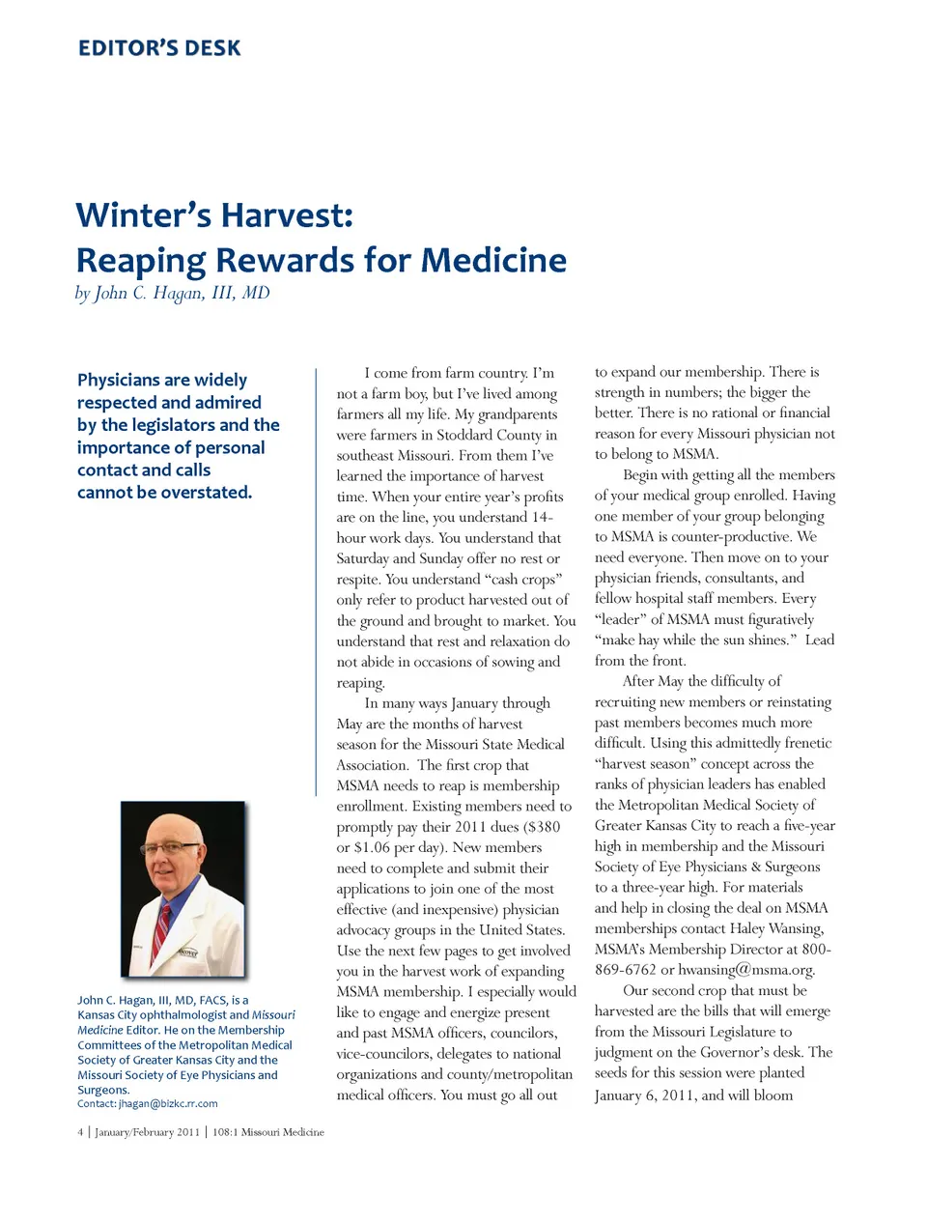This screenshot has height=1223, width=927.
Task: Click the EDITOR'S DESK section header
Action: pos(159,48)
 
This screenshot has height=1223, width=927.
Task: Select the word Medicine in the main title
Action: pos(493,260)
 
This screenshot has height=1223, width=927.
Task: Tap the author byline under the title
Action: pos(173,293)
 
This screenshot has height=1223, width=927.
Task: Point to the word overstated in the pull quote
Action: pos(204,492)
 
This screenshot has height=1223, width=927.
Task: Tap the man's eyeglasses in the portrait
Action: pos(171,848)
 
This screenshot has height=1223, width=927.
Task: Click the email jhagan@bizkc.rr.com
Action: pos(168,1103)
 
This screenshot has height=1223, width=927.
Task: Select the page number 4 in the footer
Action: pos(80,1132)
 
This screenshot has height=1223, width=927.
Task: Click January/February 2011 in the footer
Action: pos(147,1132)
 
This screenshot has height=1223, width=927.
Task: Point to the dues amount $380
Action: pos(542,827)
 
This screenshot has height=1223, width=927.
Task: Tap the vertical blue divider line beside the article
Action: pos(316,580)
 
